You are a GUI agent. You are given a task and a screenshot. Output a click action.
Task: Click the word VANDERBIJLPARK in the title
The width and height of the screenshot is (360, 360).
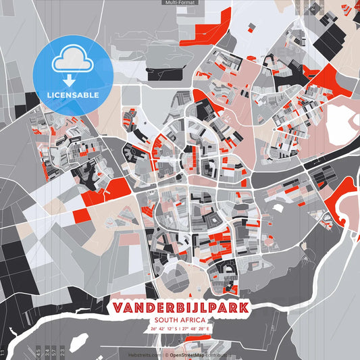click(x=180, y=308)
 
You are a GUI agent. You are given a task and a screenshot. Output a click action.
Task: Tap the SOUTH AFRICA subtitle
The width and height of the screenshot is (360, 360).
click(x=180, y=321)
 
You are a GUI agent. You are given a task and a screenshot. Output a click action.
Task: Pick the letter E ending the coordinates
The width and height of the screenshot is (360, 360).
click(x=209, y=329)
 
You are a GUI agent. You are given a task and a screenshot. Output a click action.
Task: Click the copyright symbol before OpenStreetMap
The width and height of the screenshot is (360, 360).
click(x=166, y=354)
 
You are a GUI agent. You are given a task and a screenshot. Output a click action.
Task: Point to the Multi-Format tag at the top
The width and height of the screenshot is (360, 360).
click(x=179, y=3)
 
